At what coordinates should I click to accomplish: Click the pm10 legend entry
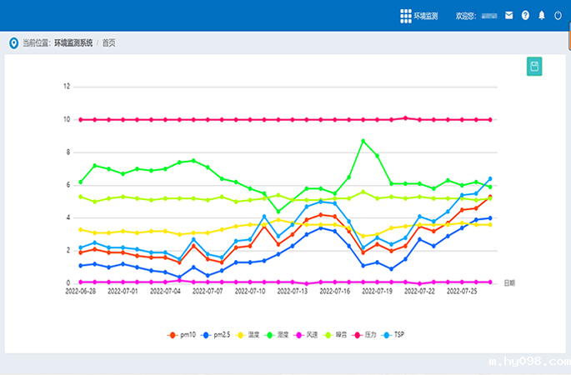tap(183, 334)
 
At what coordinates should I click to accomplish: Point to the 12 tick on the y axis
tap(67, 86)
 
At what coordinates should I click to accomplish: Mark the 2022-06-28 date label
tap(80, 292)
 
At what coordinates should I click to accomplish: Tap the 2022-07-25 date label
tap(463, 292)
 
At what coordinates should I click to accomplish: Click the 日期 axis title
tap(508, 283)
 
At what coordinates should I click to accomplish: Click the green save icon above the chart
tap(534, 67)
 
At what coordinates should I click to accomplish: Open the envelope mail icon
tap(508, 15)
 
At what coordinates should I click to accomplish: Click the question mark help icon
tap(525, 15)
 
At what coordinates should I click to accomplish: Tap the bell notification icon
tap(541, 15)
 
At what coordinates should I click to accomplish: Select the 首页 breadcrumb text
tap(109, 42)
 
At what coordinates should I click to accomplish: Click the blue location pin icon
tap(13, 42)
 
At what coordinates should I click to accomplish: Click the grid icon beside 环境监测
tap(405, 15)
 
